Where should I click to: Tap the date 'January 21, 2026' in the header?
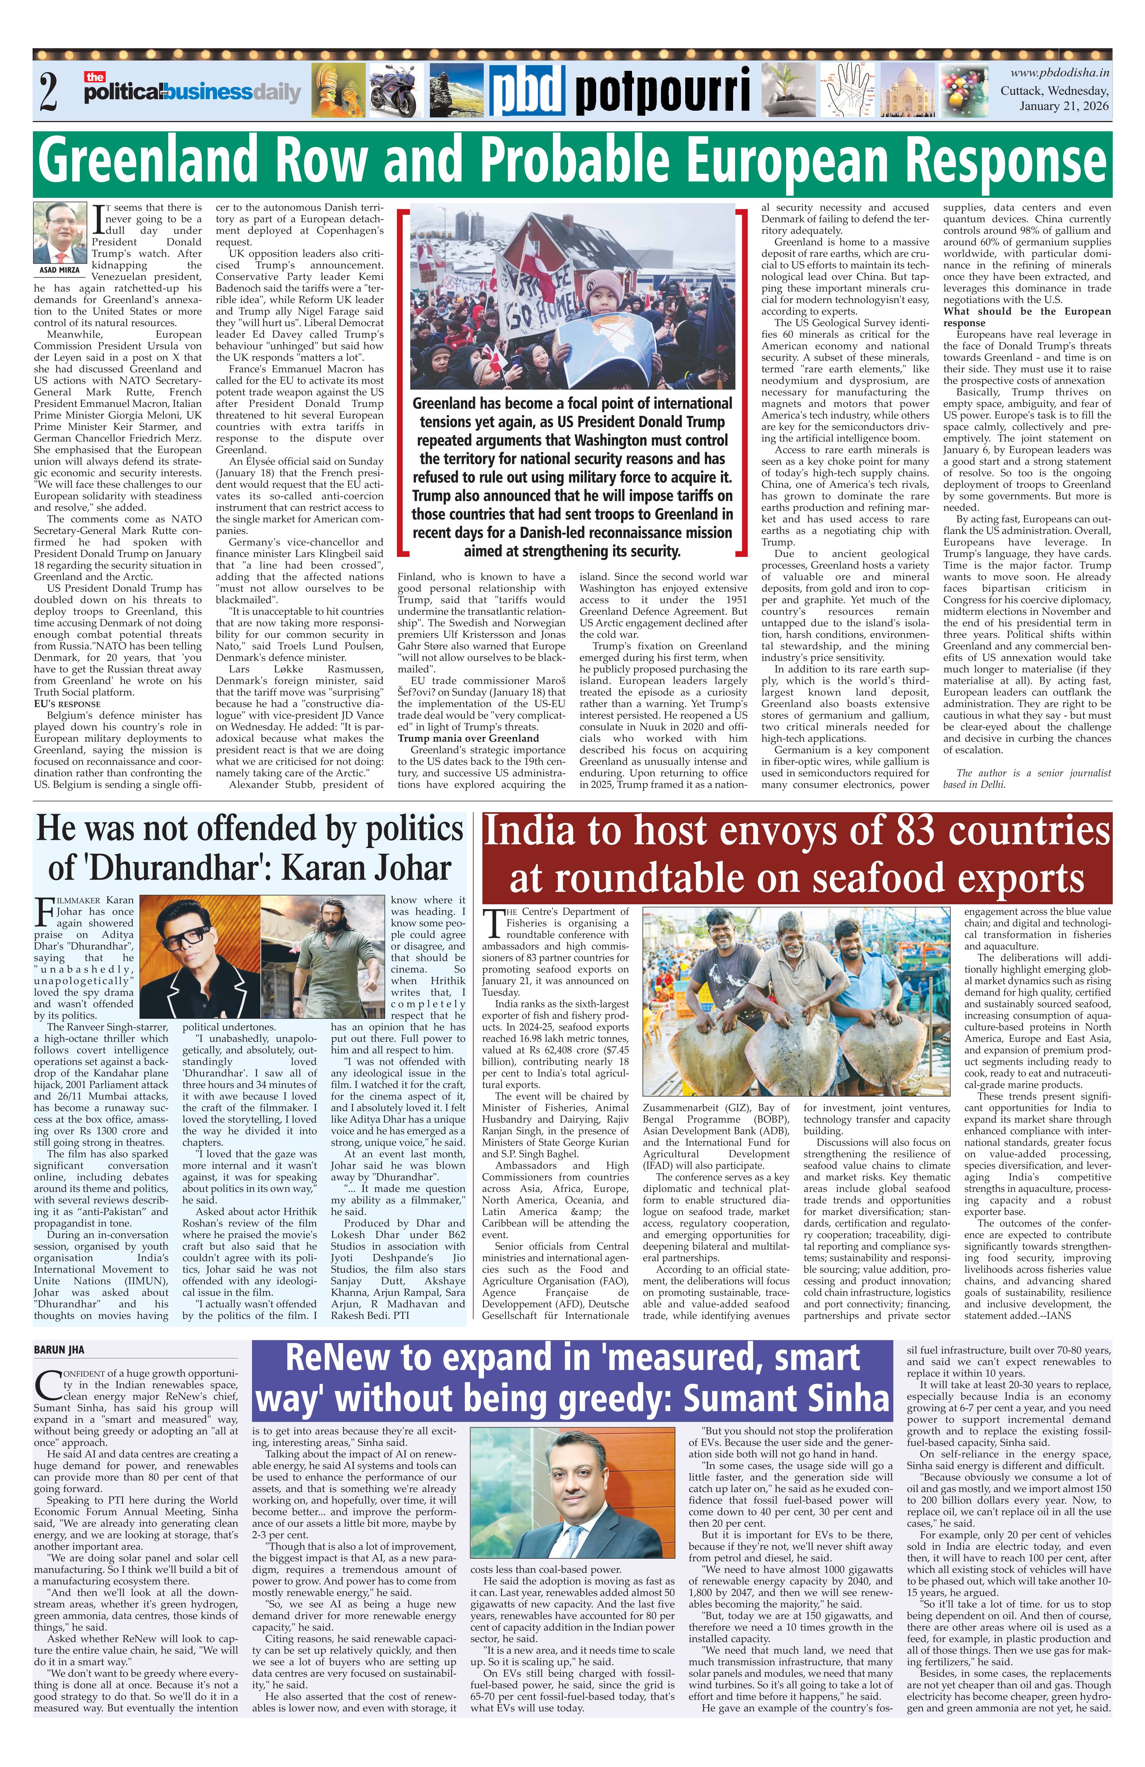pos(1063,106)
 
